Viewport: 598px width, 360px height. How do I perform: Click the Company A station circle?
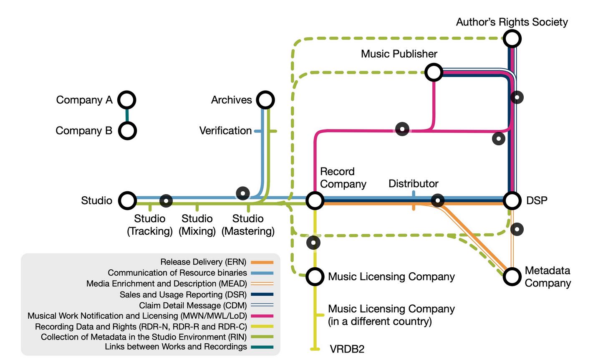[126, 100]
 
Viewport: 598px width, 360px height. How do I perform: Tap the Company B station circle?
[127, 131]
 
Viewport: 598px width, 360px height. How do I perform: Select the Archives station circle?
[265, 100]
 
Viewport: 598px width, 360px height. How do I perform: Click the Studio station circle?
[127, 200]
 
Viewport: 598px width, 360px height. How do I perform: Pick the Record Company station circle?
[315, 200]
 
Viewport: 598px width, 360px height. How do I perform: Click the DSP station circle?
[512, 200]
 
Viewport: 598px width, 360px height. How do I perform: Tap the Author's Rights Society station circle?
[512, 39]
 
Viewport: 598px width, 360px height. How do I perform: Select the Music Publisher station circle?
[434, 72]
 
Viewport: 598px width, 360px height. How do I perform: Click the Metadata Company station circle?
[512, 276]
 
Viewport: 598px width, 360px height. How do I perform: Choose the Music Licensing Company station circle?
[315, 276]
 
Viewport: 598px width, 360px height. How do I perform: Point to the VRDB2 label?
[347, 349]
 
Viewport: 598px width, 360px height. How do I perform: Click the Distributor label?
[413, 184]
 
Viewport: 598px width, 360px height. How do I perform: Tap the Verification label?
[225, 131]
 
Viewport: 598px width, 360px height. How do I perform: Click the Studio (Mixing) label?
[197, 225]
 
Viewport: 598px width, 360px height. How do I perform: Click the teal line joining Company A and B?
[127, 115]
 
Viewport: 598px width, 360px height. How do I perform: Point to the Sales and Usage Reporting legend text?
[183, 294]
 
